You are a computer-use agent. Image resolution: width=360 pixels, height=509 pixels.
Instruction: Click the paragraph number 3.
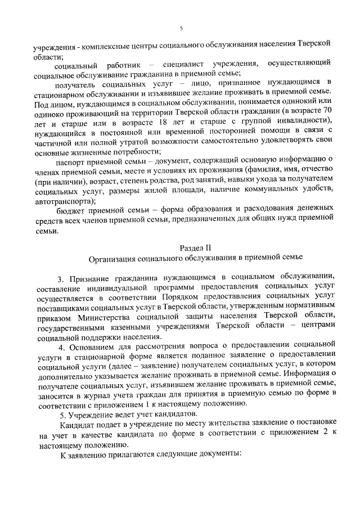61,278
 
